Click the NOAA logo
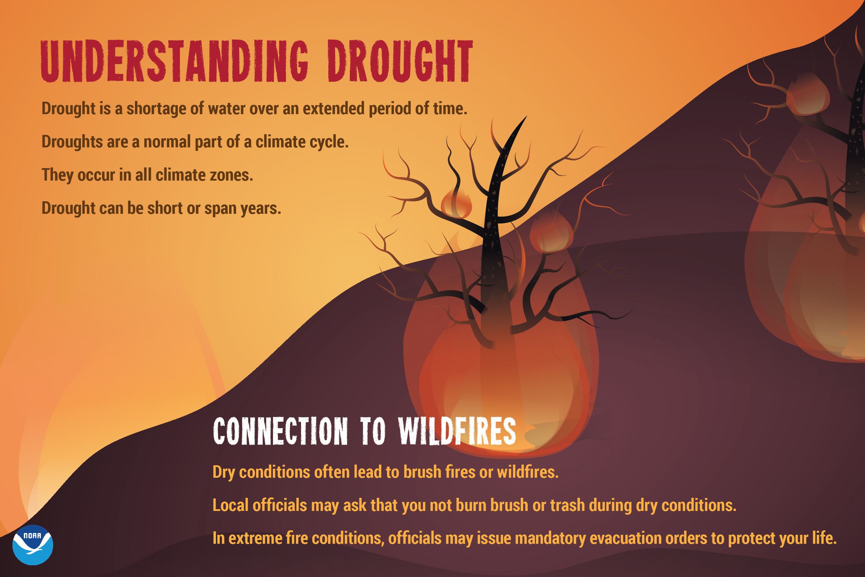pos(33,545)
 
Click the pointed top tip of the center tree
pos(525,119)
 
